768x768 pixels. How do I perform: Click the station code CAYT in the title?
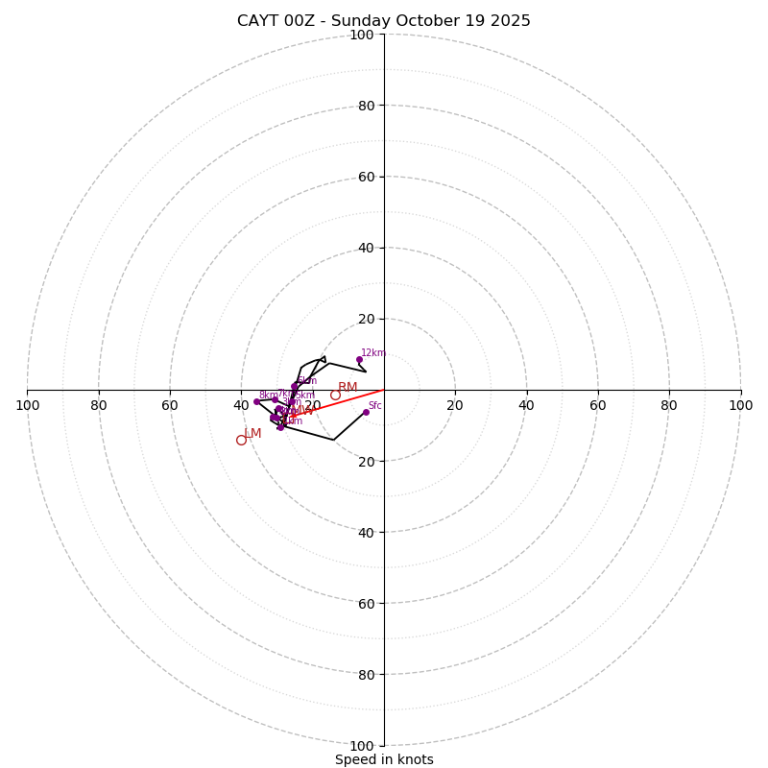point(259,21)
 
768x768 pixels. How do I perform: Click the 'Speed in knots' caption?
point(384,759)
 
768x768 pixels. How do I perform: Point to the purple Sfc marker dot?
point(366,412)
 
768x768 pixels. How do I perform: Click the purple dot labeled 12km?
point(359,359)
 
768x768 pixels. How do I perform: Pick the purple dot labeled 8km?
point(256,401)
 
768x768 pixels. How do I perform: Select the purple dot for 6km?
point(295,386)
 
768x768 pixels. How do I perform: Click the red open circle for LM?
point(241,440)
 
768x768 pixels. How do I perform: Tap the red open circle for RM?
point(335,395)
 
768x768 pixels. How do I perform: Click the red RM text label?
point(348,387)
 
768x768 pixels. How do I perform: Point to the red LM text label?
point(252,433)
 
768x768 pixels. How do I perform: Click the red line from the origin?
point(346,401)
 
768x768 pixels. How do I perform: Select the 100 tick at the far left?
point(27,405)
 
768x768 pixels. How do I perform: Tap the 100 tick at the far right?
point(740,405)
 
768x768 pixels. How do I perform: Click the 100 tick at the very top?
point(362,35)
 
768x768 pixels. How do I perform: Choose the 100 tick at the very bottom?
point(362,746)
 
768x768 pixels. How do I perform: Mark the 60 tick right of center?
point(598,405)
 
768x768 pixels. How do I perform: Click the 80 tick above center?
point(365,106)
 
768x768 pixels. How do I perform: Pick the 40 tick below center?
point(365,532)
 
